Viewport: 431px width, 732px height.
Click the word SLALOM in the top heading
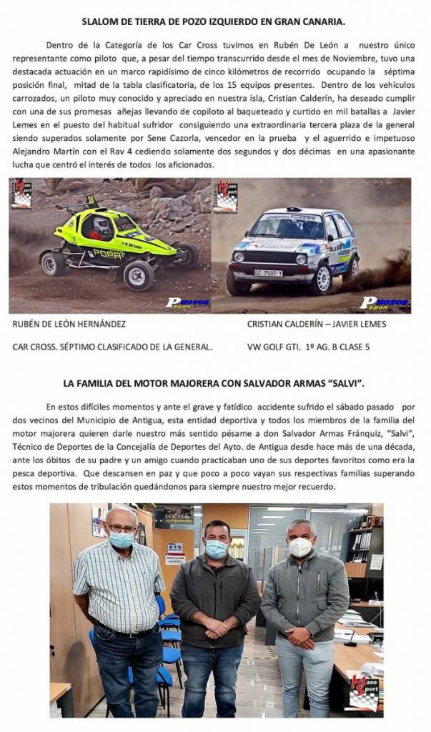click(100, 22)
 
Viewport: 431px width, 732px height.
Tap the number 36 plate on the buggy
click(91, 200)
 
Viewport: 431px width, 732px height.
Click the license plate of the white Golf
click(268, 272)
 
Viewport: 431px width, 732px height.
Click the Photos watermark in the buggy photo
click(187, 302)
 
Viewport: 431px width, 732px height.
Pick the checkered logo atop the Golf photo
click(225, 194)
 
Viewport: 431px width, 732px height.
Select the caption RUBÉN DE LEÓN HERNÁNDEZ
click(69, 324)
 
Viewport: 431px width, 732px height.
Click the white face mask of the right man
click(300, 547)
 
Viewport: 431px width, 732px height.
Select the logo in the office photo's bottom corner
click(363, 693)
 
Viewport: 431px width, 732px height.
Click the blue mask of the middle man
click(216, 549)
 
